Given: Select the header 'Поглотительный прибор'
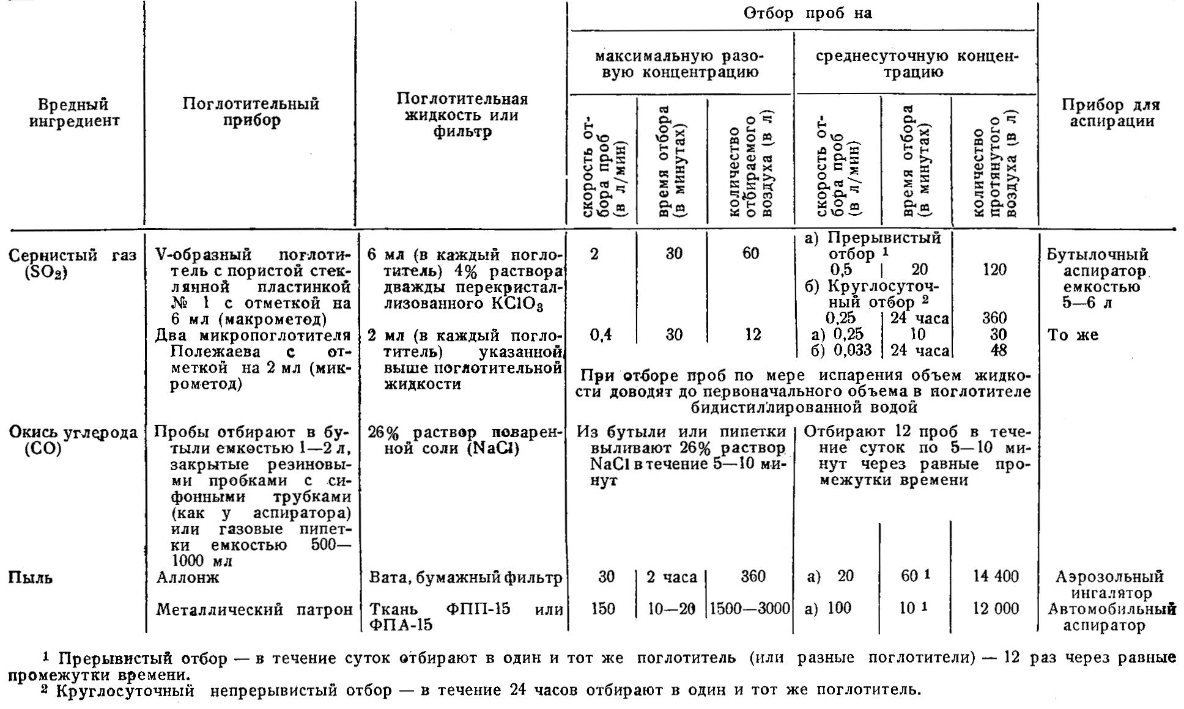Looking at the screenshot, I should point(251,112).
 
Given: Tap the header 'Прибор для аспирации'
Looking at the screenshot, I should point(1111,113).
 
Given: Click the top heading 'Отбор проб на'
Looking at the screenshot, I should point(807,13).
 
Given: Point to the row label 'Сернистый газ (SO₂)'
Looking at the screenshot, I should point(72,263).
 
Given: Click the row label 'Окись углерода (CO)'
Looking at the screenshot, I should point(72,440).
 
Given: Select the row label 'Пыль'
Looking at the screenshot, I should point(31,578).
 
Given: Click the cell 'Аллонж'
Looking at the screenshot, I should point(187,577).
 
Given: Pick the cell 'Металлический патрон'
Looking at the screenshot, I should point(254,609).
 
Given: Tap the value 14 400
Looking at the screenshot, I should point(996,576).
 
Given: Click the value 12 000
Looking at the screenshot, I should point(996,609).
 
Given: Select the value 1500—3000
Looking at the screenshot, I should point(750,609).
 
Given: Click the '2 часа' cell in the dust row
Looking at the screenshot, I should point(672,576).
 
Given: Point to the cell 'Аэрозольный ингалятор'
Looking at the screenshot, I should point(1109,584).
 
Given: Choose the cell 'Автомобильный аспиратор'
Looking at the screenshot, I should point(1112,617).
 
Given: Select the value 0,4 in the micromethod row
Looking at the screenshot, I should point(601,335).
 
